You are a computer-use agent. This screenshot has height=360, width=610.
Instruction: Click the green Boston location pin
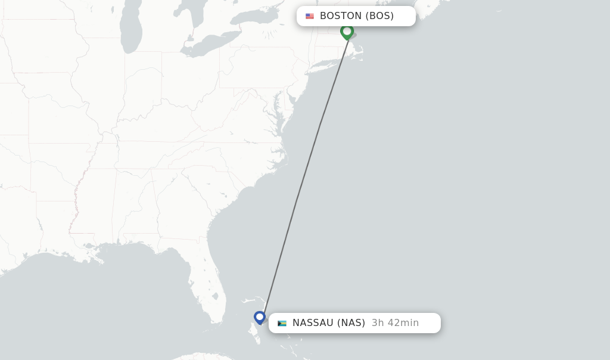pyautogui.click(x=347, y=31)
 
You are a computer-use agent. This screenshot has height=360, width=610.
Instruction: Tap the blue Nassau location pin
pyautogui.click(x=260, y=317)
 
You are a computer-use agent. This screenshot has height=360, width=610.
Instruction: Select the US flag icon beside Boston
pyautogui.click(x=310, y=16)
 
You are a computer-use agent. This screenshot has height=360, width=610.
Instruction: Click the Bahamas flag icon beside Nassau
pyautogui.click(x=282, y=323)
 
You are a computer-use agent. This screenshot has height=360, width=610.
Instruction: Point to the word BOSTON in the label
pyautogui.click(x=341, y=16)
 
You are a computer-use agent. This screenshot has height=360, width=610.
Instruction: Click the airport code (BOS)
pyautogui.click(x=379, y=16)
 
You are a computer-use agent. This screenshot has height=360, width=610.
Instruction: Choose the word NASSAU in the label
pyautogui.click(x=313, y=323)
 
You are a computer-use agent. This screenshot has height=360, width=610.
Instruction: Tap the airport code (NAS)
pyautogui.click(x=351, y=323)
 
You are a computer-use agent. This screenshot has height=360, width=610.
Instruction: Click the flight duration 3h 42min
pyautogui.click(x=395, y=323)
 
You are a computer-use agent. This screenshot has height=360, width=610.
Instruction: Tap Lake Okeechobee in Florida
pyautogui.click(x=215, y=296)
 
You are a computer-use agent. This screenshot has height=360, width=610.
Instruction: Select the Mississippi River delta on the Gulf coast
pyautogui.click(x=90, y=246)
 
